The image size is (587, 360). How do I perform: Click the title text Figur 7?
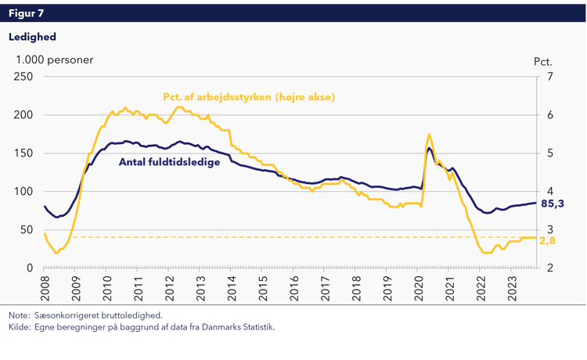27,13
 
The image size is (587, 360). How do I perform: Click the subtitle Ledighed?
32,36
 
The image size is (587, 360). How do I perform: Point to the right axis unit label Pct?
543,60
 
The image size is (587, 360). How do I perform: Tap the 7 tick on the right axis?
550,77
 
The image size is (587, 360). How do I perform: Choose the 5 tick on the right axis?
550,153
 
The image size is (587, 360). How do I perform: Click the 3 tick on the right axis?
550,229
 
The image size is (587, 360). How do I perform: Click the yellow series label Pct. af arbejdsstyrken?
249,98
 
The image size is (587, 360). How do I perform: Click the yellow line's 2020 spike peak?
429,134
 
